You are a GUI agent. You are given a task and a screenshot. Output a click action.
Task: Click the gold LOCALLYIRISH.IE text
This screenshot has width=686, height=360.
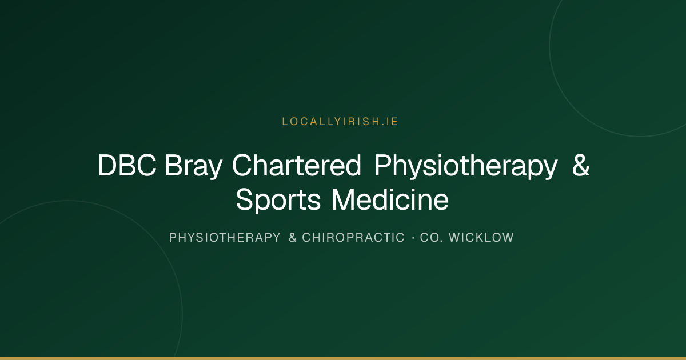point(340,122)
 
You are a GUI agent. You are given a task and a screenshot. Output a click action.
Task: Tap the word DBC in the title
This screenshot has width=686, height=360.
point(127,165)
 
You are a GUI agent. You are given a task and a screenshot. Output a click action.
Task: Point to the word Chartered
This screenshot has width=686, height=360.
point(297,165)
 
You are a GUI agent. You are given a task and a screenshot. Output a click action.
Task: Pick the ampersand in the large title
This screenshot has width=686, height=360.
point(581,165)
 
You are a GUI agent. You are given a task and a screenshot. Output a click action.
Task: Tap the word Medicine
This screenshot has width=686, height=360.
point(390,199)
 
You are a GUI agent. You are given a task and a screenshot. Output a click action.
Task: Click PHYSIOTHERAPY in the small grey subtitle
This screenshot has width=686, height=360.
point(225,238)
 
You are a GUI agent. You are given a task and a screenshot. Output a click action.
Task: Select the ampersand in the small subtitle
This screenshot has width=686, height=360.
point(293,238)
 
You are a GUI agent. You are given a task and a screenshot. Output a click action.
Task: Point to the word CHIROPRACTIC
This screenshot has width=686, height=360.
point(353,238)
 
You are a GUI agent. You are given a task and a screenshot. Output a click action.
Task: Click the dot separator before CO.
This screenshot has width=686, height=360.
point(413,238)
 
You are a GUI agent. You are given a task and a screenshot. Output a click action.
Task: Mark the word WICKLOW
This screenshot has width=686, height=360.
point(481,238)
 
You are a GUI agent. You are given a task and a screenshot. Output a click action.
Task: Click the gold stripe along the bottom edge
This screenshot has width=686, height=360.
point(343,358)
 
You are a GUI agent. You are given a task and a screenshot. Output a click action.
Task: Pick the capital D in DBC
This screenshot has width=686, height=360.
point(107,165)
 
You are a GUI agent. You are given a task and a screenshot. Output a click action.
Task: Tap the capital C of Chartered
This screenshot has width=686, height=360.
point(242,165)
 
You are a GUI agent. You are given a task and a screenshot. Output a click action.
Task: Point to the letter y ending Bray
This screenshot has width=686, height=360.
point(216,170)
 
